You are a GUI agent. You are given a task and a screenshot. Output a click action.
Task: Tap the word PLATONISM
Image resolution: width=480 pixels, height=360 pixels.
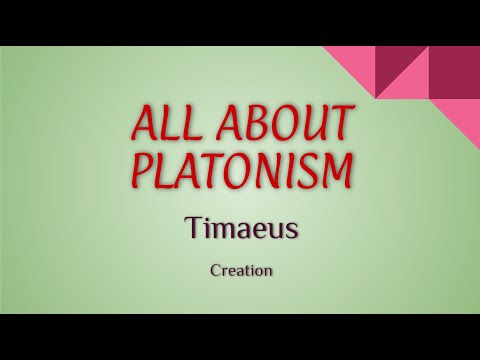click(240, 169)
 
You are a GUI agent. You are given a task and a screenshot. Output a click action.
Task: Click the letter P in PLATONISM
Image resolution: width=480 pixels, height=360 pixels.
click(139, 169)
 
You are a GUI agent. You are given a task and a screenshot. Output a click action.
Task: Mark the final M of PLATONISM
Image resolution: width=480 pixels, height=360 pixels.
click(337, 169)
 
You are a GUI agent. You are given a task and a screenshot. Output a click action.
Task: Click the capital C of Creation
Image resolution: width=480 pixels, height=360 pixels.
click(216, 269)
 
